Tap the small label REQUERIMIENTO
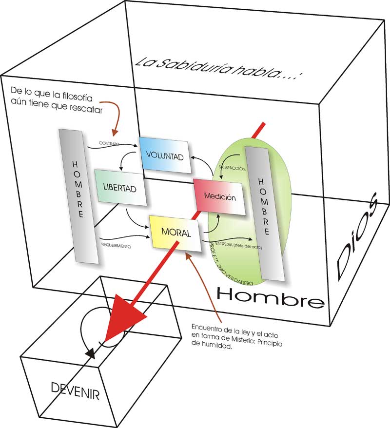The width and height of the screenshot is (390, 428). [x=116, y=245]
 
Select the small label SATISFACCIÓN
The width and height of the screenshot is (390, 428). [x=232, y=167]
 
